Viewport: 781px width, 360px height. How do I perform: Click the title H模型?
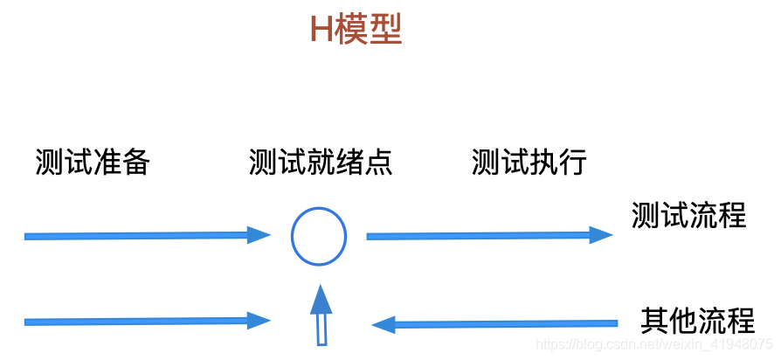[x=356, y=31]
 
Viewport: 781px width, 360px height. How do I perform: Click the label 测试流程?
[x=689, y=214]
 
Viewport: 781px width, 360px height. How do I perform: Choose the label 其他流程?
[x=697, y=320]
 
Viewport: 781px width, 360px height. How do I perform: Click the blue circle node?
[x=319, y=236]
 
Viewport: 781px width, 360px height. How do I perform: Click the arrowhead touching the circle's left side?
[x=259, y=234]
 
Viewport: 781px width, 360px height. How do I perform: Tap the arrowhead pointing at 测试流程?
[x=601, y=234]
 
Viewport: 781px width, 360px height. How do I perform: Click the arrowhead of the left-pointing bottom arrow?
[x=384, y=325]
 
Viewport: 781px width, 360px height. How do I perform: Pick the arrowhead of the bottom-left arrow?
[x=259, y=321]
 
